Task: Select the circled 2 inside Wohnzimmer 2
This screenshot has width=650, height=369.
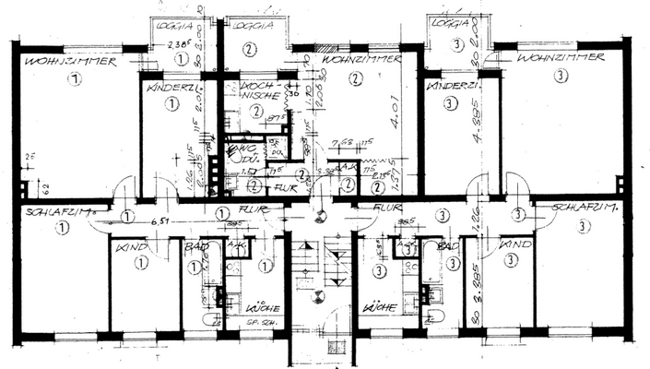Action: point(355,79)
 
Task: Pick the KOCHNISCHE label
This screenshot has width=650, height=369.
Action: point(257,89)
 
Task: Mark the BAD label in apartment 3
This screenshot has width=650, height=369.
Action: point(448,247)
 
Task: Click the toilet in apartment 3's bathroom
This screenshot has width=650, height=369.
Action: point(435,316)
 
